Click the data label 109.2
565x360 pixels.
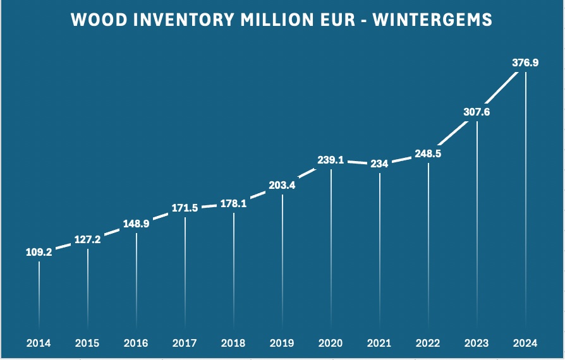(39, 251)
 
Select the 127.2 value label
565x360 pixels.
(87, 239)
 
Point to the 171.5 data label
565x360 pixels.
(185, 208)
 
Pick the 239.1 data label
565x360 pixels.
(331, 160)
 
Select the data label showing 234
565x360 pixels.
(380, 163)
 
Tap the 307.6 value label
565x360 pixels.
(477, 112)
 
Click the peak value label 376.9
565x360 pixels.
(525, 63)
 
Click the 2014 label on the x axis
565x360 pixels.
(39, 344)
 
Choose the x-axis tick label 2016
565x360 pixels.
(136, 344)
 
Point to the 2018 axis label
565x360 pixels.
(233, 344)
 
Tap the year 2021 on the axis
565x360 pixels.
(379, 344)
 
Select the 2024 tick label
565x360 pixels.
(525, 344)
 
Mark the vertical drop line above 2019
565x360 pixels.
(282, 259)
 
